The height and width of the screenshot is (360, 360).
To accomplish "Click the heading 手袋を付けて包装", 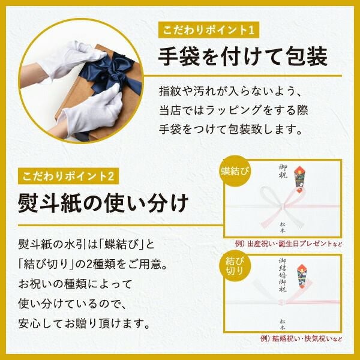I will pos(242,57).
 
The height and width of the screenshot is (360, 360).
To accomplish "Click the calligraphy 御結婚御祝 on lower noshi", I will pos(282,273).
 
